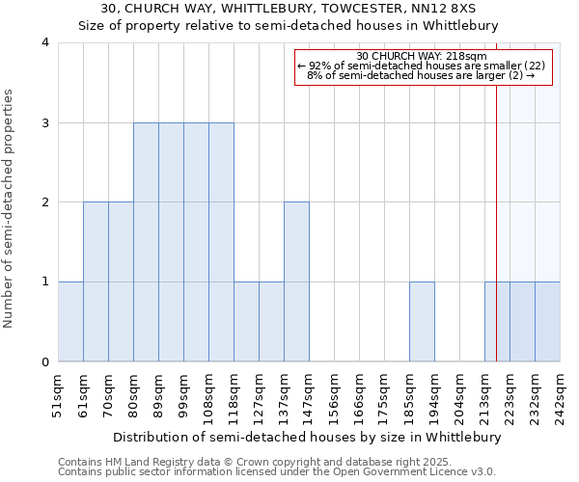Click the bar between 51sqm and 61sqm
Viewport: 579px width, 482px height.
70,321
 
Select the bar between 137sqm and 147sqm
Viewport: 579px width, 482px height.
296,281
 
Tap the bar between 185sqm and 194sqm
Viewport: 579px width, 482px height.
422,321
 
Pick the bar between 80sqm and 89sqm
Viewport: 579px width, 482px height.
146,242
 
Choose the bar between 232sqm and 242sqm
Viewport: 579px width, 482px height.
547,321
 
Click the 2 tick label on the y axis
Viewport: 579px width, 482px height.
45,202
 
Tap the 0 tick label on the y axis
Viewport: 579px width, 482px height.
45,362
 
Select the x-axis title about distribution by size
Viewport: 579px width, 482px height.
309,437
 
